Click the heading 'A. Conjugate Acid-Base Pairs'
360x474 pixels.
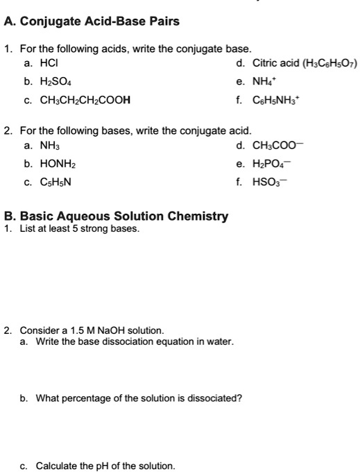(x=92, y=22)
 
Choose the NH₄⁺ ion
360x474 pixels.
(x=262, y=82)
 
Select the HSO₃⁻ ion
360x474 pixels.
(x=268, y=183)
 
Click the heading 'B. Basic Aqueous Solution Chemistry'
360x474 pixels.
(x=116, y=216)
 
